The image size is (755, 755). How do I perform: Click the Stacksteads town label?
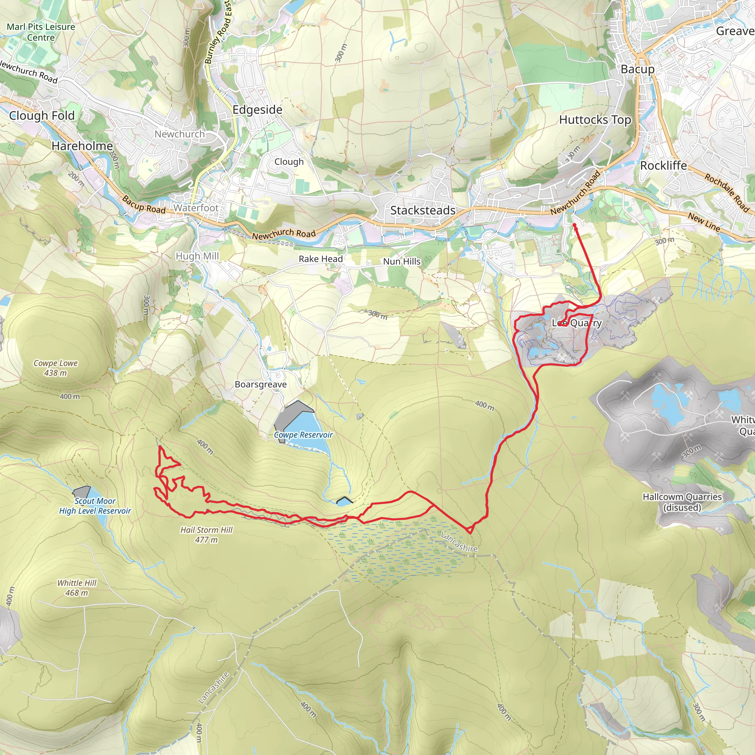tap(423, 210)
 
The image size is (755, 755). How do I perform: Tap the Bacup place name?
tap(637, 69)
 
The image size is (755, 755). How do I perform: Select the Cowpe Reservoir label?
tap(303, 435)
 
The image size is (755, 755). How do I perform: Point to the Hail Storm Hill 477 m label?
tap(206, 535)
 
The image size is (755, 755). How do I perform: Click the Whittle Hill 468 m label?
tap(77, 588)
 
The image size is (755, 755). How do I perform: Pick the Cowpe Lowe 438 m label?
tap(56, 368)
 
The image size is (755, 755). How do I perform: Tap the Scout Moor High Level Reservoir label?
tap(95, 506)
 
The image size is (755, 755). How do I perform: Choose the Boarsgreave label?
tap(261, 384)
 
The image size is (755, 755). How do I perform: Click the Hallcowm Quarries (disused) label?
tap(682, 502)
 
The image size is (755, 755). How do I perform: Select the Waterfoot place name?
tap(196, 208)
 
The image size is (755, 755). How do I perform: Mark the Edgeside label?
tap(257, 110)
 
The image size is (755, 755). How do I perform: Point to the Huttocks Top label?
tap(595, 119)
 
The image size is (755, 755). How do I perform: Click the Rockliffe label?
tap(663, 166)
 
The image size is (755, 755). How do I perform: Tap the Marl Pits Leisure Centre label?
tap(41, 32)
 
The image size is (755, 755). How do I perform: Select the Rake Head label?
tap(320, 259)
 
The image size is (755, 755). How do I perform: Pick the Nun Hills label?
tap(402, 261)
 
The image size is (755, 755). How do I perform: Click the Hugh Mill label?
tap(197, 256)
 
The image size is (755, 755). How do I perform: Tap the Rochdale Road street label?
tap(727, 193)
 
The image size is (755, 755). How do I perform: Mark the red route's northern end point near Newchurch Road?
tap(574, 225)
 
